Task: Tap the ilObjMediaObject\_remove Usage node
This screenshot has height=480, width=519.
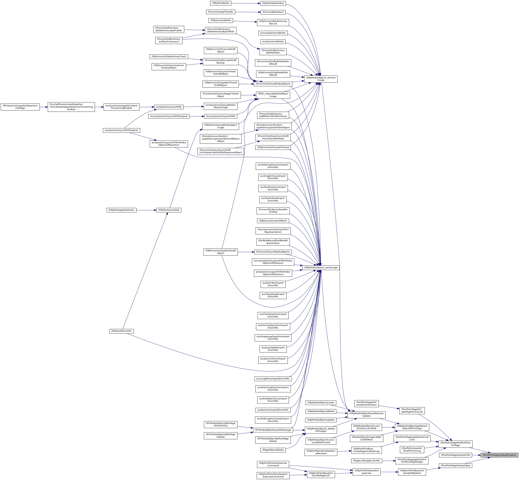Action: click(x=321, y=79)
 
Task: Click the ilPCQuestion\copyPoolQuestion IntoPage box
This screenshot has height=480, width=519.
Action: click(x=20, y=107)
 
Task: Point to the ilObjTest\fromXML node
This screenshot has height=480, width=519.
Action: click(x=121, y=331)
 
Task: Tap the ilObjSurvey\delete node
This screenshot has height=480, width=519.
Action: click(x=220, y=20)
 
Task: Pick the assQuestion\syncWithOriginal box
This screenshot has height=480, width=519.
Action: click(x=121, y=130)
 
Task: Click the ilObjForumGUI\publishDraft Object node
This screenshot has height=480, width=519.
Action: click(x=220, y=252)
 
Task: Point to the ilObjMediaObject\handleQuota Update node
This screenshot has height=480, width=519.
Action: click(x=366, y=415)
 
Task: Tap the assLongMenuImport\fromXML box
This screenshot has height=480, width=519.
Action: click(x=273, y=379)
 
